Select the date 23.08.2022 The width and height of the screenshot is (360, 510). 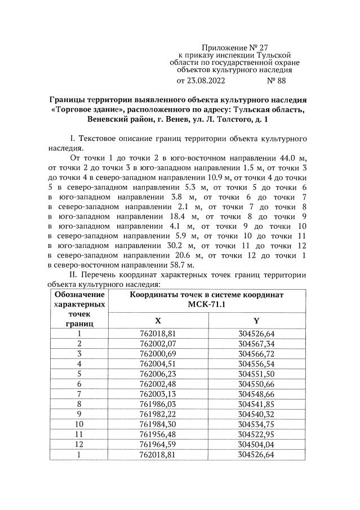coord(208,81)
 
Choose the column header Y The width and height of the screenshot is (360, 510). coord(256,320)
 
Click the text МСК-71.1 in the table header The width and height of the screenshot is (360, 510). coord(207,304)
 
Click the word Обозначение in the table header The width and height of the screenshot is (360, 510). coord(79,294)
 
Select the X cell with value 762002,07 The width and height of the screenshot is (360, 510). coord(158,343)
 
